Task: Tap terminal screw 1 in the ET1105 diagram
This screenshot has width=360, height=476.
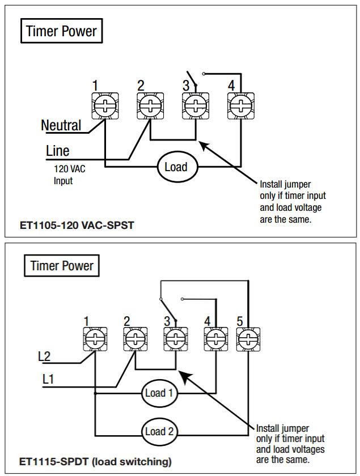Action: click(x=105, y=105)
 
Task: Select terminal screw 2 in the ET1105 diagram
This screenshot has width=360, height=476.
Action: click(x=150, y=105)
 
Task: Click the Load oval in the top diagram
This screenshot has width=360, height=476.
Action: click(x=176, y=167)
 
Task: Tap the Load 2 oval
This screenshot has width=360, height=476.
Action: click(x=159, y=431)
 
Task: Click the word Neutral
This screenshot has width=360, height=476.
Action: click(x=61, y=125)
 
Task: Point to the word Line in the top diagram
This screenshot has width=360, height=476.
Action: click(x=58, y=151)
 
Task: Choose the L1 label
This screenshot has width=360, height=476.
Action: click(x=49, y=379)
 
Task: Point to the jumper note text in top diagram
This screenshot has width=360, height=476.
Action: click(x=293, y=202)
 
